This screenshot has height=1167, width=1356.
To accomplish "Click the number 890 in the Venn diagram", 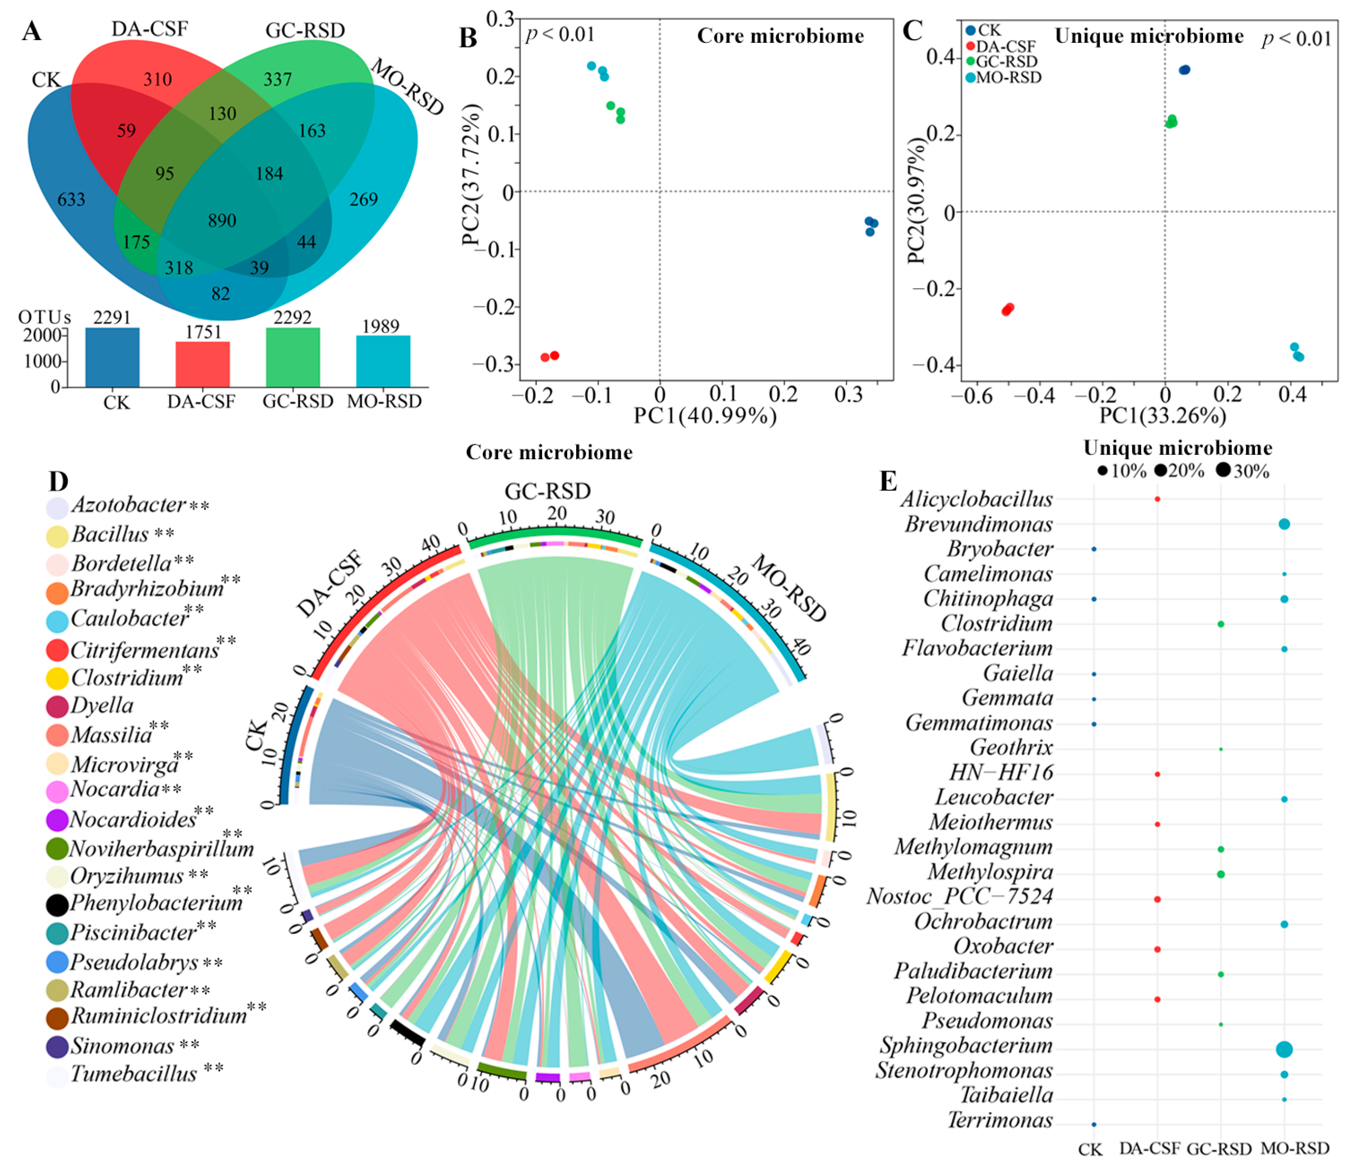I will (222, 221).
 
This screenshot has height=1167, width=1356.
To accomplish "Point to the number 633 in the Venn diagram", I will (71, 200).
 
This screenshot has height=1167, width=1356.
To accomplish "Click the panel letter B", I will (468, 38).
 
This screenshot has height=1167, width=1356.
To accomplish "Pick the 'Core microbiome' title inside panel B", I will (780, 36).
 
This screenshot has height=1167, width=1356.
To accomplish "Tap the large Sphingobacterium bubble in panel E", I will (1284, 1049).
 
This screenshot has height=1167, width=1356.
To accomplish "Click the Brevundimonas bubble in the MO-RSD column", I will (1284, 524).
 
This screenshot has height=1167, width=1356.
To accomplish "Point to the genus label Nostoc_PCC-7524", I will (960, 897).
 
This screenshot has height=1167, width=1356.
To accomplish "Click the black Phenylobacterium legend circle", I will (58, 904).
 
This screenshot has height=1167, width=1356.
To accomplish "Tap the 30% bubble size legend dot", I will (1223, 470).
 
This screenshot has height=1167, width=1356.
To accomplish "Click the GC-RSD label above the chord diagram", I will (547, 491).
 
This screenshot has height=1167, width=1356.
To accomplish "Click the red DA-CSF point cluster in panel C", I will (1008, 309).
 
